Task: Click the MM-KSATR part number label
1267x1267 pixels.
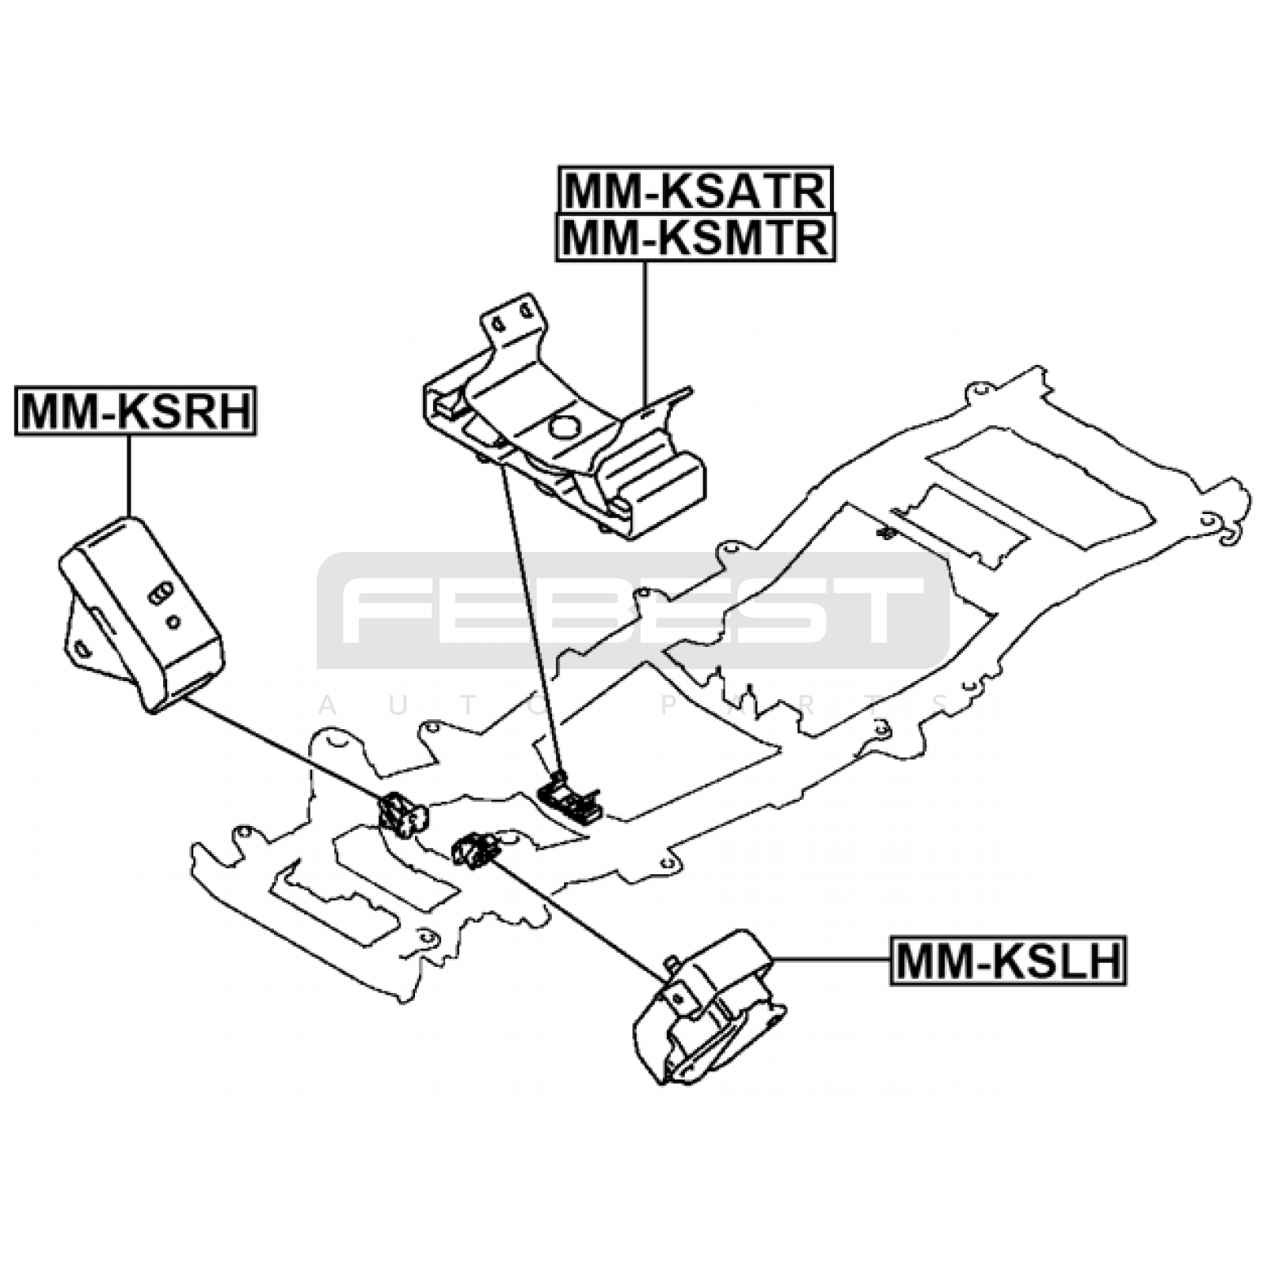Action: click(696, 189)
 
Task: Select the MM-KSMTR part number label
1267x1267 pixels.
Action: click(695, 237)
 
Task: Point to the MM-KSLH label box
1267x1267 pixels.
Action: click(1008, 961)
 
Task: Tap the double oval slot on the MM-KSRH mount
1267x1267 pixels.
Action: click(159, 594)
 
